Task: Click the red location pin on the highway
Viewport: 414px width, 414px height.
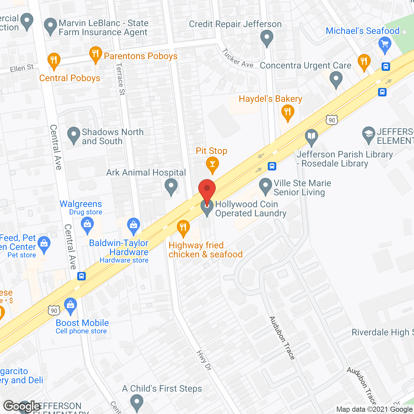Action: coord(207,190)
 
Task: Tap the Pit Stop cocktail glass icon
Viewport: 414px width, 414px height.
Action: coord(212,164)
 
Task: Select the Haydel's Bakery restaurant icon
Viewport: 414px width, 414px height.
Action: coord(287,113)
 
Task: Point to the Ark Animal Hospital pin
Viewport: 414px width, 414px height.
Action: coord(171,187)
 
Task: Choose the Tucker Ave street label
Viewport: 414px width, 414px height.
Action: coord(238,58)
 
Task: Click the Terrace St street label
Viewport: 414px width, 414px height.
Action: coord(120,79)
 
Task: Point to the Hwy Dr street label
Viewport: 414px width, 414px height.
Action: coord(204,360)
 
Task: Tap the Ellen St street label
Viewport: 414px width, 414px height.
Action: coord(22,68)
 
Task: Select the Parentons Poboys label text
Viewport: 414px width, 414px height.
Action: coord(141,56)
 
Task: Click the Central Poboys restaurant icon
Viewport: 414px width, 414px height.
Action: coord(54,60)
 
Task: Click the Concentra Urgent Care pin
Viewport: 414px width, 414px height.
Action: coord(336,79)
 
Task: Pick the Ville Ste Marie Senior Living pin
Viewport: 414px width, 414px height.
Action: coord(266,186)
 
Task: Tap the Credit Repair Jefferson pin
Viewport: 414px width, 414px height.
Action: coord(267,38)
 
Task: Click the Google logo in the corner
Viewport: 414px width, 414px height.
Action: coord(22,406)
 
